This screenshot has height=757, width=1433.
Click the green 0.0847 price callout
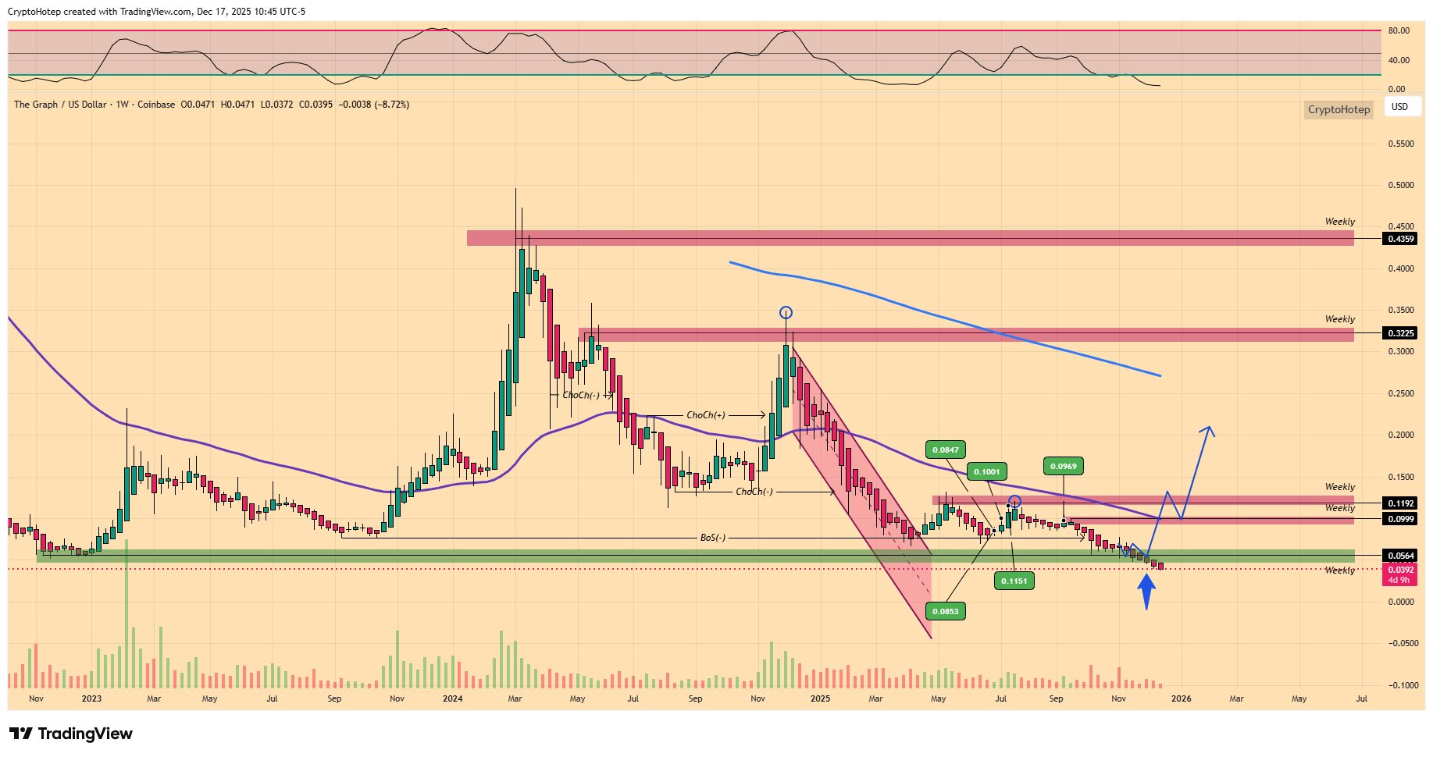[x=945, y=450]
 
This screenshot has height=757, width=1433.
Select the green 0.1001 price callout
[x=986, y=471]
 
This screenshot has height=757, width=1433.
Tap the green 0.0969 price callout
[x=1063, y=466]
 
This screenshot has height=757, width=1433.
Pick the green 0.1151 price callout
[x=1014, y=581]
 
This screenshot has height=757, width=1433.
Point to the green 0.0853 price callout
[x=945, y=611]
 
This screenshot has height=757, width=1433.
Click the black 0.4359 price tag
[x=1400, y=239]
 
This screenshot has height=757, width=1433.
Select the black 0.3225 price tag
[x=1400, y=333]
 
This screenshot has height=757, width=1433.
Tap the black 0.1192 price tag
[x=1400, y=503]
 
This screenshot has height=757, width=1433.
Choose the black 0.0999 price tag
[x=1400, y=519]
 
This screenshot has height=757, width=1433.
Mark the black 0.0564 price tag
[x=1400, y=556]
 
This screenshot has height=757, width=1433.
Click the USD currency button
[x=1400, y=107]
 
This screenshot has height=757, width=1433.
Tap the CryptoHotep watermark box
[x=1339, y=109]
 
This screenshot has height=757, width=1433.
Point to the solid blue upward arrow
[x=1146, y=591]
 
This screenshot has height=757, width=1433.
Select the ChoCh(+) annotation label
[x=705, y=415]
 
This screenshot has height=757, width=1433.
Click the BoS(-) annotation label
[x=712, y=538]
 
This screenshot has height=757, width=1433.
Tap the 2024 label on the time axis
[x=452, y=698]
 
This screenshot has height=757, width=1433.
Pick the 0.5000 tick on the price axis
[x=1400, y=186]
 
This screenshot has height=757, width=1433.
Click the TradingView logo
[x=71, y=734]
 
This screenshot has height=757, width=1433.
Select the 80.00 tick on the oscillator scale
[x=1398, y=31]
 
